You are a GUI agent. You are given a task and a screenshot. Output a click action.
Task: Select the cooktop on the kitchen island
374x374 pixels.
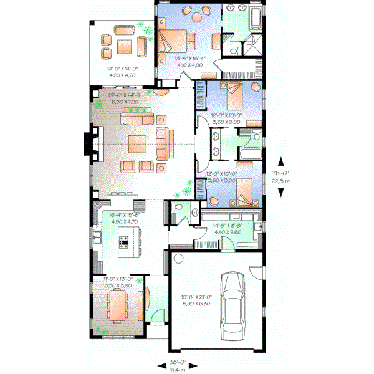[123, 241]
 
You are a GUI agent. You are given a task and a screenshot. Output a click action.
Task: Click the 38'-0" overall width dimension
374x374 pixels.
[178, 362]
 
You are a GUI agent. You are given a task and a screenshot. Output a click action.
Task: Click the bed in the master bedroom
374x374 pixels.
[168, 41]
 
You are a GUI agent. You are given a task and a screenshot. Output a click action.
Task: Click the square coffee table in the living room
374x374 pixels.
[138, 144]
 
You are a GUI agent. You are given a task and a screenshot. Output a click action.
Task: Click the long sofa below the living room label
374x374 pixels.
[136, 119]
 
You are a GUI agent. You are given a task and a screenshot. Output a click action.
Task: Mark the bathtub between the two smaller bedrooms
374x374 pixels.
[244, 153]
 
